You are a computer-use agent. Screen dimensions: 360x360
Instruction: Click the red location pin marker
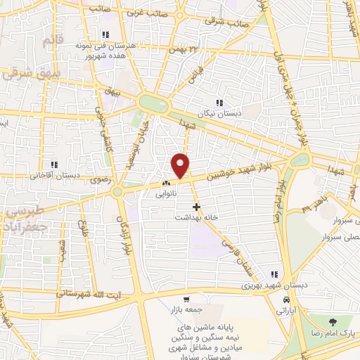[x=181, y=165]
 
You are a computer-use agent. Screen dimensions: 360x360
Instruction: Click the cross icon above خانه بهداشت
[x=196, y=207]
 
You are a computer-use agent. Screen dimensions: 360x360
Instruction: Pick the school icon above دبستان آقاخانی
[x=53, y=165]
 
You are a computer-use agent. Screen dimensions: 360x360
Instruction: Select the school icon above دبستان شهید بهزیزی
[x=275, y=275]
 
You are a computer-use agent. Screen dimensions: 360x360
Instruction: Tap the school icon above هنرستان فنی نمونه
[x=105, y=34]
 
